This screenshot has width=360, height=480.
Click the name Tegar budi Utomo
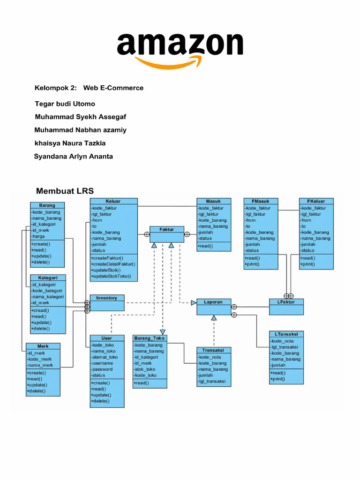(65, 104)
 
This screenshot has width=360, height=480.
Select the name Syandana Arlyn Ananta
(73, 156)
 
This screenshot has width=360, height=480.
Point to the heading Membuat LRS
(65, 191)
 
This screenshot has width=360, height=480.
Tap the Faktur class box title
(166, 230)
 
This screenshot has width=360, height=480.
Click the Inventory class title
(107, 298)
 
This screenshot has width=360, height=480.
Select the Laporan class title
(213, 302)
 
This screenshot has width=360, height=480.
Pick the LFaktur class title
(286, 302)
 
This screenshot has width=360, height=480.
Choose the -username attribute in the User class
(102, 363)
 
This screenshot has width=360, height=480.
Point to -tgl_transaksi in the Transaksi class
(212, 381)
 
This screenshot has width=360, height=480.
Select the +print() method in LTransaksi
(277, 379)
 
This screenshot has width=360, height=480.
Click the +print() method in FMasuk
(252, 264)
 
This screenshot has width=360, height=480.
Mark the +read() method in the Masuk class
(206, 246)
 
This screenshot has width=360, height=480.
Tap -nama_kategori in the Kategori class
(47, 297)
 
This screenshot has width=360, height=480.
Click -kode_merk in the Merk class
(41, 359)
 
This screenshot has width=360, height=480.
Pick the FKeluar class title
(316, 201)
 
